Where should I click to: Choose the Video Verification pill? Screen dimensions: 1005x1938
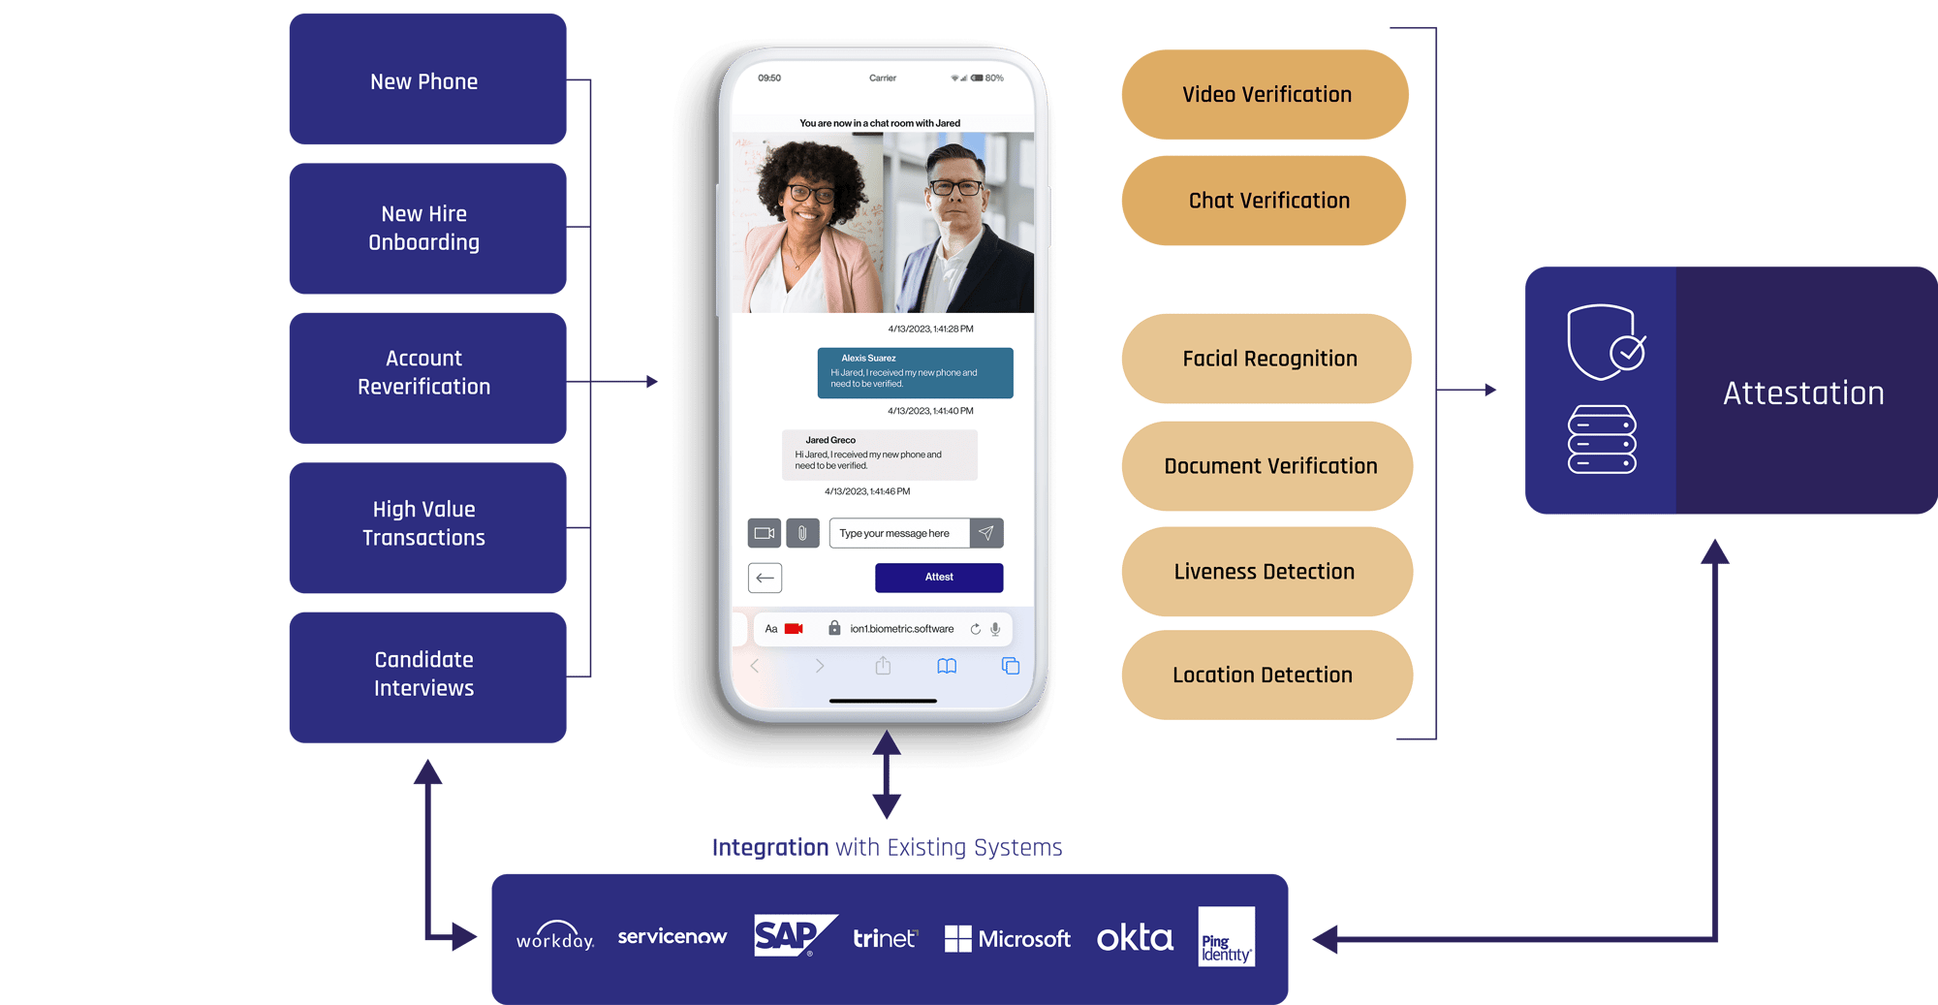click(1266, 95)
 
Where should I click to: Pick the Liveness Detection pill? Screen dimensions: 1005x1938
click(1266, 572)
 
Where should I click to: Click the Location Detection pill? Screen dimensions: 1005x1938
click(1266, 675)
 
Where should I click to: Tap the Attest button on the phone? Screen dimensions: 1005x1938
click(938, 578)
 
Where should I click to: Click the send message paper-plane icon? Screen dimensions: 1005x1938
click(986, 533)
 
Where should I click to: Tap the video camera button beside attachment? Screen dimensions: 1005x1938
click(765, 533)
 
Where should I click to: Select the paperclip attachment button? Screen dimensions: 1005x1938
click(802, 533)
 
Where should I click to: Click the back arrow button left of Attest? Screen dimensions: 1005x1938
click(765, 578)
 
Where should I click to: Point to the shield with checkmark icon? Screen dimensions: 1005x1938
click(1605, 343)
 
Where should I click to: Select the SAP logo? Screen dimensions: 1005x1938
click(793, 935)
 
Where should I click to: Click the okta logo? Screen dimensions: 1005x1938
click(1135, 938)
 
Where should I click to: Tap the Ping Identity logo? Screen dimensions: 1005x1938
click(1226, 936)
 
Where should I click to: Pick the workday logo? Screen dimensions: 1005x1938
click(554, 937)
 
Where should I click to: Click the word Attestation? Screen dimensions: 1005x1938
click(1803, 393)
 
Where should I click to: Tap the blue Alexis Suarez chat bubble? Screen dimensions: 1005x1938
click(915, 373)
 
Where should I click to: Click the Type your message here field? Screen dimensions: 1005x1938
click(898, 533)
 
